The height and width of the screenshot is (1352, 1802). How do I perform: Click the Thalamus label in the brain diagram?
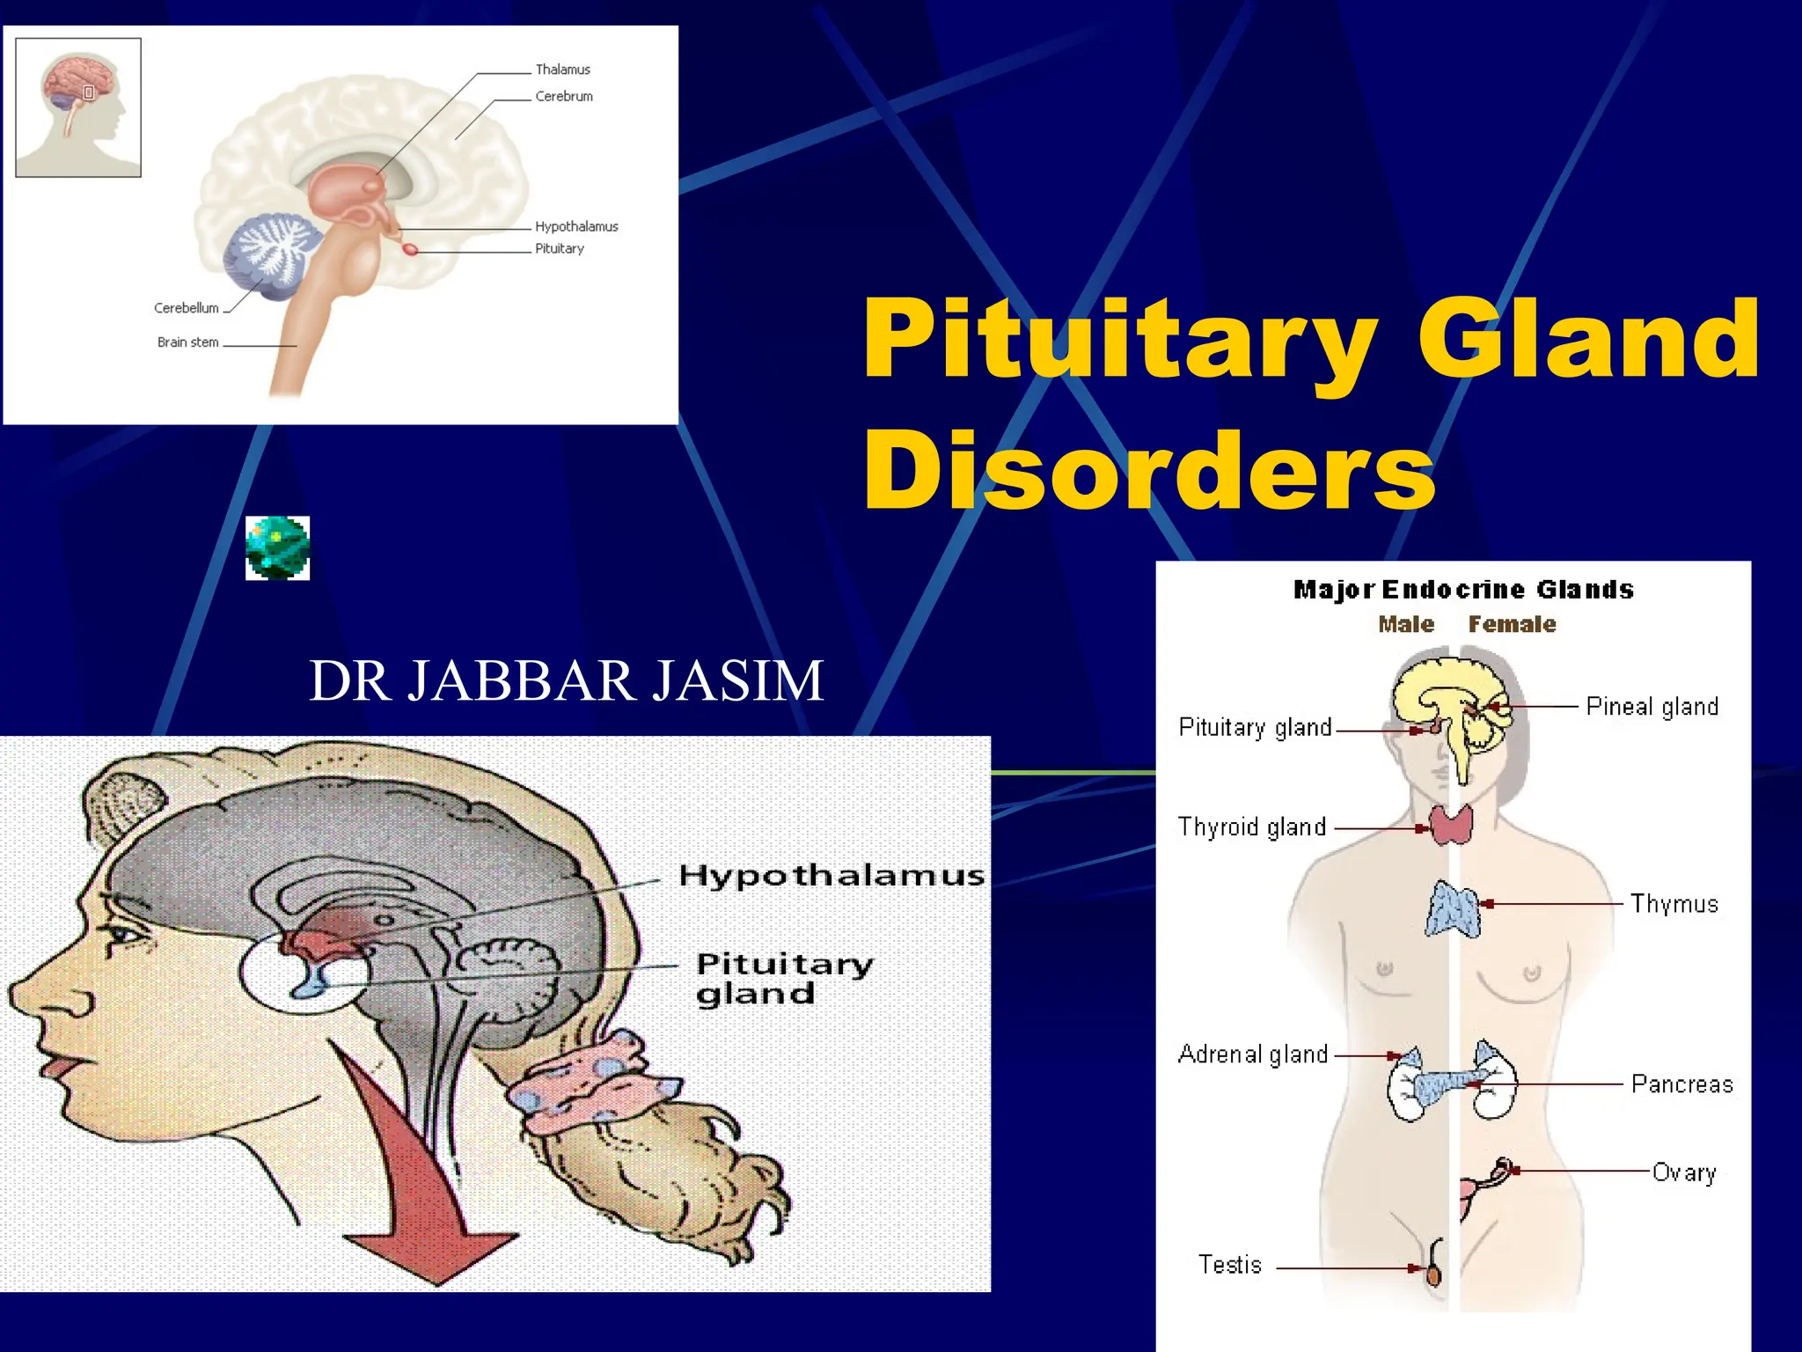pyautogui.click(x=562, y=70)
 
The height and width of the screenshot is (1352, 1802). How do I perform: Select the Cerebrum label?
pyautogui.click(x=564, y=96)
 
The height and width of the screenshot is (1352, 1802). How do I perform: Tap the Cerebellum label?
pyautogui.click(x=186, y=308)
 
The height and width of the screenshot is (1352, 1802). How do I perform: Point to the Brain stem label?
pyautogui.click(x=187, y=342)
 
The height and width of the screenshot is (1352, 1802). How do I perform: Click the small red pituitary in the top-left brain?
pyautogui.click(x=410, y=249)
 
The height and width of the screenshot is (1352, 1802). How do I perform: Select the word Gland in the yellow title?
pyautogui.click(x=1588, y=338)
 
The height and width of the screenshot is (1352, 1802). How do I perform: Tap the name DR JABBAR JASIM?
pyautogui.click(x=567, y=680)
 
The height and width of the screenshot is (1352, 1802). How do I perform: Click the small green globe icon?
pyautogui.click(x=277, y=548)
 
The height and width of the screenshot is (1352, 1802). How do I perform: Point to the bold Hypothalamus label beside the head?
pyautogui.click(x=831, y=876)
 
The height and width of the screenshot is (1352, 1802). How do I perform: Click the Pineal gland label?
pyautogui.click(x=1652, y=707)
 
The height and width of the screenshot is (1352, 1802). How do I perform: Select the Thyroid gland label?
pyautogui.click(x=1251, y=827)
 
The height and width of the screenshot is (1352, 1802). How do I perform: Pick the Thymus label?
pyautogui.click(x=1674, y=904)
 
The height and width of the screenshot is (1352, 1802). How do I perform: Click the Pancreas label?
pyautogui.click(x=1681, y=1084)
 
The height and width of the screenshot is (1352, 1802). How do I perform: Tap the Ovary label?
pyautogui.click(x=1684, y=1172)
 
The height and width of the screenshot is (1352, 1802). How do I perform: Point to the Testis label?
pyautogui.click(x=1229, y=1265)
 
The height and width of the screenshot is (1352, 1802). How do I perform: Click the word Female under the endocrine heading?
pyautogui.click(x=1512, y=624)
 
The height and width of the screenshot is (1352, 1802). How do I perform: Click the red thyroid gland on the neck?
pyautogui.click(x=1451, y=825)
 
